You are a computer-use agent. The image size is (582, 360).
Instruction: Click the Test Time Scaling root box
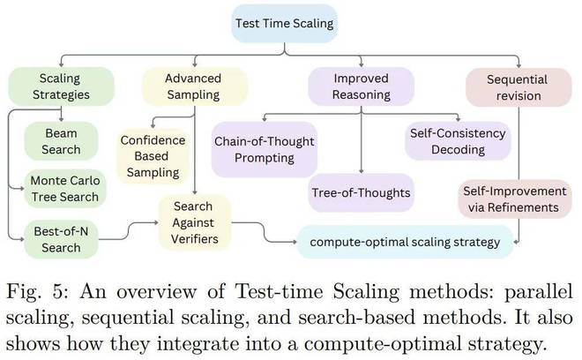tap(284, 24)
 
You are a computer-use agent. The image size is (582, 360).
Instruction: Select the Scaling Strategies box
tap(61, 86)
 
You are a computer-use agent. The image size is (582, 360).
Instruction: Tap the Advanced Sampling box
tap(195, 86)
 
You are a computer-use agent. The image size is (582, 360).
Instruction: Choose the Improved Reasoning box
tap(362, 86)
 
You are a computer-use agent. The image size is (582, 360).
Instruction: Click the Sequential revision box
tap(519, 87)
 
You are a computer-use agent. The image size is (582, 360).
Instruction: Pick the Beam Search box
tap(61, 141)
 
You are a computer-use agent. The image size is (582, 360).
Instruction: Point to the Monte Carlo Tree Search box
tap(65, 189)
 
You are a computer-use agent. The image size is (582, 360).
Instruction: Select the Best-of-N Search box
tap(61, 240)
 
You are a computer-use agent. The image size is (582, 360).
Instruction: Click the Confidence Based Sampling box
tap(153, 156)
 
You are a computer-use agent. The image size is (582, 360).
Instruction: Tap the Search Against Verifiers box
tap(195, 222)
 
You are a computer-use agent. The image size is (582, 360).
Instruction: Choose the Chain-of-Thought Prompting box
tap(265, 149)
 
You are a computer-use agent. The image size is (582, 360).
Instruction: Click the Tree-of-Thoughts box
tap(362, 193)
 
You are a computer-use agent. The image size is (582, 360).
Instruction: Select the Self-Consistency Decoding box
tap(458, 141)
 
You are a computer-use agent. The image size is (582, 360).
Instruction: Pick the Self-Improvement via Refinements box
tap(515, 199)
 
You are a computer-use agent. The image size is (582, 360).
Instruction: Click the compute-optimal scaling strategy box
tap(405, 242)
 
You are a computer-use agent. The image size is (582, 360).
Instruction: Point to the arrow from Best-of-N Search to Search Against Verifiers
tap(129, 231)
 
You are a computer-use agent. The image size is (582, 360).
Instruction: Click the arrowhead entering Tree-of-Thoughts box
tap(362, 171)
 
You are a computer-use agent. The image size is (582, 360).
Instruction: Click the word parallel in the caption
tap(538, 291)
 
